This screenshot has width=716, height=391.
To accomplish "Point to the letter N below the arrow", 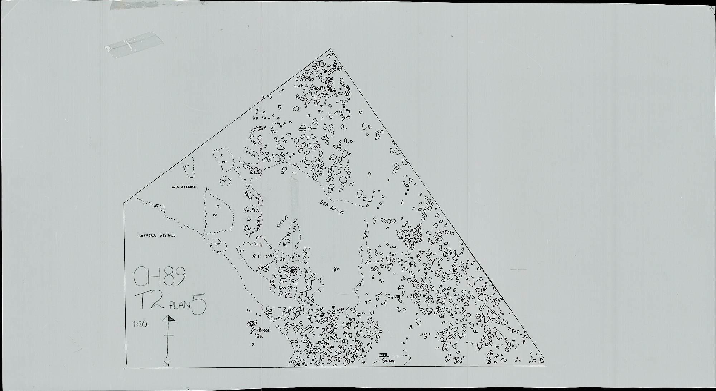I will pos(166,362).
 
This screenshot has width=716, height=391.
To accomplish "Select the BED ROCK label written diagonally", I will pos(332,207).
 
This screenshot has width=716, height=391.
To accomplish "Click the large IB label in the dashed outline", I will pos(282,259).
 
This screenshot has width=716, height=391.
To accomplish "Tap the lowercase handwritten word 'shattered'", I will pos(260,330).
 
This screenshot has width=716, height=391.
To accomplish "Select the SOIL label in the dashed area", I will pos(247,211).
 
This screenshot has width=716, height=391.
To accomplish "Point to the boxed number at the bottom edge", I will pos(383,354).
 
